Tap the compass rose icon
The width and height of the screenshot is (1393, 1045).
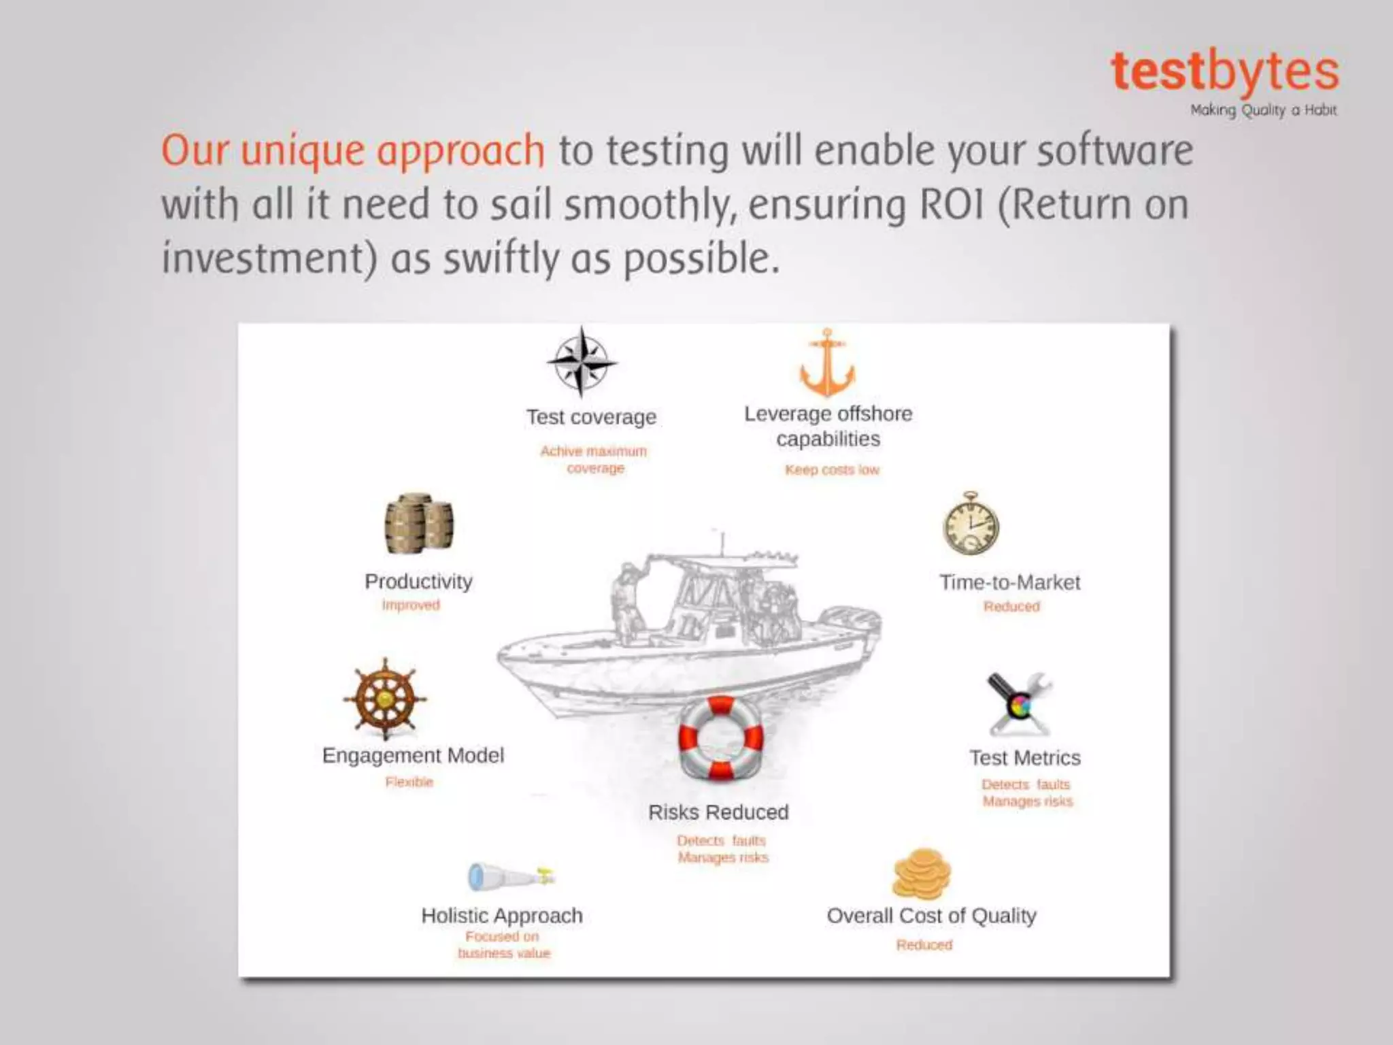[582, 362]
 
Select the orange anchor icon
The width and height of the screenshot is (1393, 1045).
[827, 363]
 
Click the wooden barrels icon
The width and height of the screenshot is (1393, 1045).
[419, 524]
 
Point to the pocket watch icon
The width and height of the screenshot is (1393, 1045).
[971, 525]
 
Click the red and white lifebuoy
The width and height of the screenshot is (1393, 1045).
[721, 738]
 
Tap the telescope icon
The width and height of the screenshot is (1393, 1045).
[511, 876]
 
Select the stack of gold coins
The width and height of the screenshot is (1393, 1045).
[922, 874]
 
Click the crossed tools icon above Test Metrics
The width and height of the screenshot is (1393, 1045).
[1019, 705]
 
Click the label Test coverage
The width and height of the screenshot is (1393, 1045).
[591, 417]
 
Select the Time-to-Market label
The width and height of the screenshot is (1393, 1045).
[1010, 582]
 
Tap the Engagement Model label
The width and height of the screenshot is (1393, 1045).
[413, 755]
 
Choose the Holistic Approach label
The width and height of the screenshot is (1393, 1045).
[502, 916]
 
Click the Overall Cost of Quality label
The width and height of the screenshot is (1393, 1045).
[931, 916]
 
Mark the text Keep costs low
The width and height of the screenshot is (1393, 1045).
[832, 469]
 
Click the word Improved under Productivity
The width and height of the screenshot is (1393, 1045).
[411, 605]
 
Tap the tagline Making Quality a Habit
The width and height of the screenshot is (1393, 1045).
[1263, 110]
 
